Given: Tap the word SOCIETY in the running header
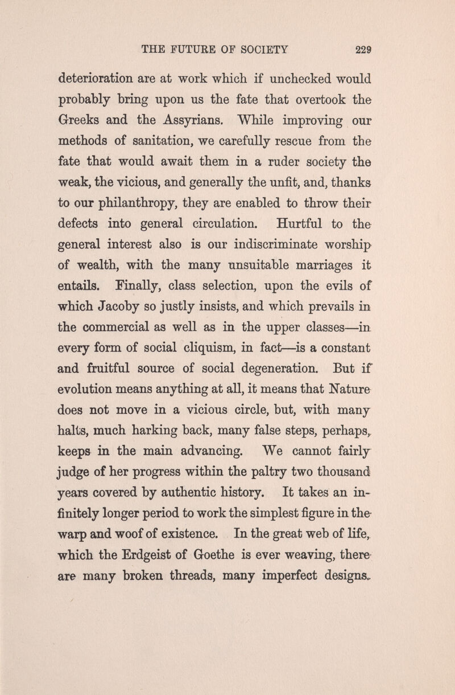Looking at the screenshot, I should click(259, 50).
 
